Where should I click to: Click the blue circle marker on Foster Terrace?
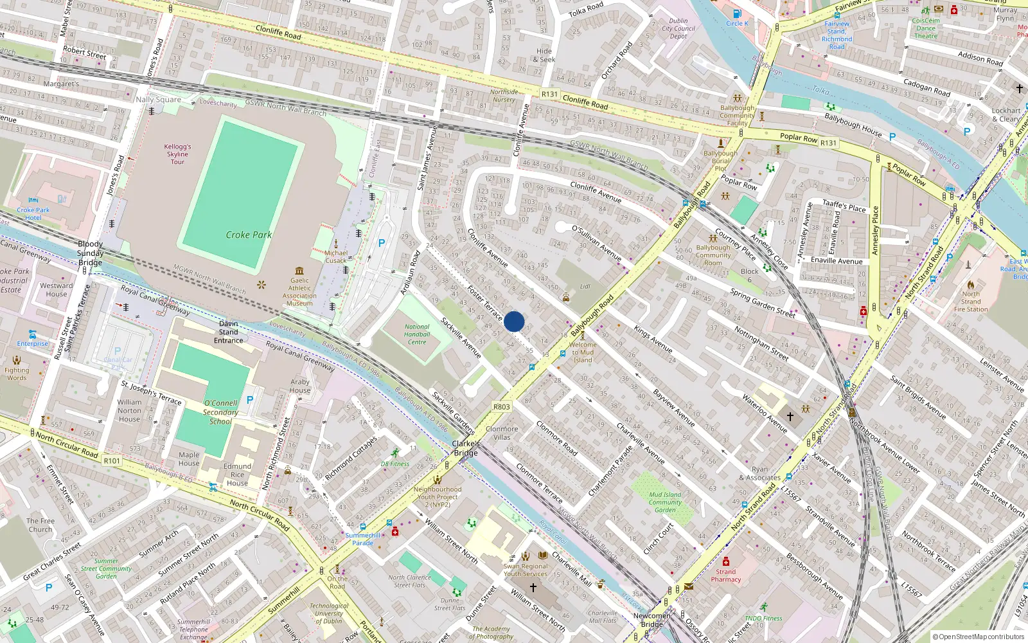514,321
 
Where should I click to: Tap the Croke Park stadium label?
249,235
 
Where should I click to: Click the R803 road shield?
501,406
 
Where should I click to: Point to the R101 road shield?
112,460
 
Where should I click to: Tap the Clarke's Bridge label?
466,448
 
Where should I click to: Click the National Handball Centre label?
417,334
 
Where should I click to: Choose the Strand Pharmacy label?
726,575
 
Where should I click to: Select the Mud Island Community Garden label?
665,502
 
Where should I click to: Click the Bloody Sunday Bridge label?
90,253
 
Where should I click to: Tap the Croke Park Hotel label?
33,213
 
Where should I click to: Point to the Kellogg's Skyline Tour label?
177,154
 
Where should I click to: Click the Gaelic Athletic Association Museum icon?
299,271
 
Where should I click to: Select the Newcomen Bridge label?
651,620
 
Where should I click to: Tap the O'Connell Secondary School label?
220,412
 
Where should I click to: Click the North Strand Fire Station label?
971,302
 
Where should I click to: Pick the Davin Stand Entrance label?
229,332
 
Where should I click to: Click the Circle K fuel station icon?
737,14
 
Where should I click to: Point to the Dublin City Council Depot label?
678,28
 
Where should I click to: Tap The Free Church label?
40,525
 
